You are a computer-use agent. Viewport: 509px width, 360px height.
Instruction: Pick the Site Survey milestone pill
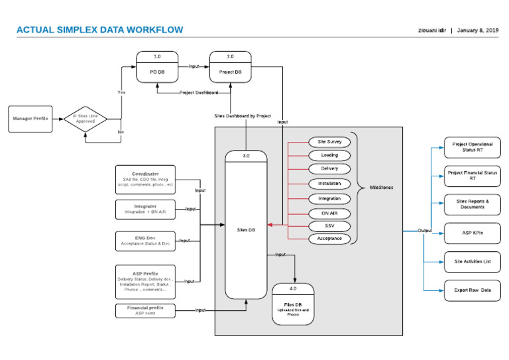click(x=329, y=142)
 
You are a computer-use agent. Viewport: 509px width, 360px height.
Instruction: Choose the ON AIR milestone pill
click(x=329, y=213)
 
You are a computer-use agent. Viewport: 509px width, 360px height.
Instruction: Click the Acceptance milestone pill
click(x=329, y=238)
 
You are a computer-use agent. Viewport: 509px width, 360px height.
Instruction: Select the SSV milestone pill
click(x=329, y=226)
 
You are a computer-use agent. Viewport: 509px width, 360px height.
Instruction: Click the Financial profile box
click(x=145, y=310)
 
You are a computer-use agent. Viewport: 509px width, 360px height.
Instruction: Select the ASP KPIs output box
click(x=472, y=233)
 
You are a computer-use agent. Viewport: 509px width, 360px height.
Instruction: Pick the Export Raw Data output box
click(x=472, y=290)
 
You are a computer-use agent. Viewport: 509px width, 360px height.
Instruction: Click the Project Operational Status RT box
click(x=472, y=147)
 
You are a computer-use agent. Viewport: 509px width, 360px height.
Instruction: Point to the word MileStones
click(x=381, y=188)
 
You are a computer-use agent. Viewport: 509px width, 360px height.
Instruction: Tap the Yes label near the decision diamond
click(x=121, y=92)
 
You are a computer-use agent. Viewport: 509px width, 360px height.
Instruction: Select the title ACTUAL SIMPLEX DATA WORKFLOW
click(x=99, y=30)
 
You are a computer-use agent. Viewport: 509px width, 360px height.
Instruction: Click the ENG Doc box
click(x=145, y=241)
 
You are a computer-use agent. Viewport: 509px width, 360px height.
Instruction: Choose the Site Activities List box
click(x=472, y=262)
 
